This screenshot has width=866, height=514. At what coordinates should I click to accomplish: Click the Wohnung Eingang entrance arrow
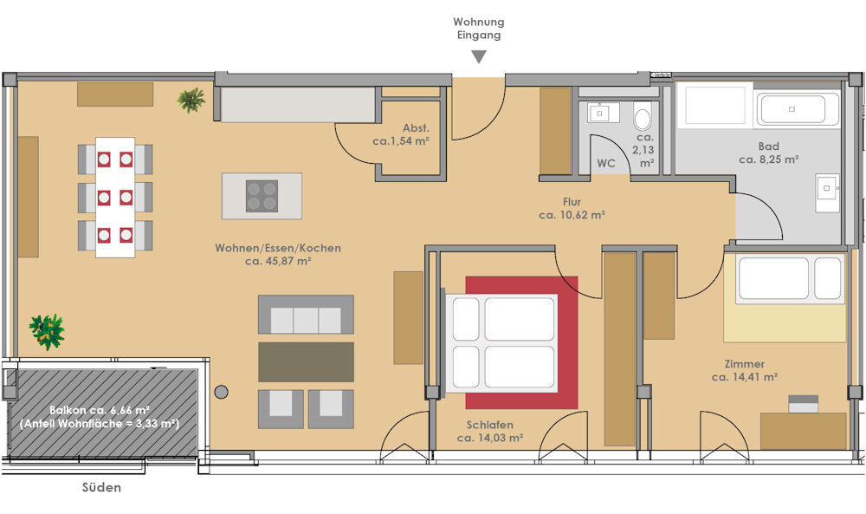pos(479,57)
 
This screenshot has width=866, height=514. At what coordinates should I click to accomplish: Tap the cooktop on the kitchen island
pos(262,196)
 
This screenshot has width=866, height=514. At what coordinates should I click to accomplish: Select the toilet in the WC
pos(643,116)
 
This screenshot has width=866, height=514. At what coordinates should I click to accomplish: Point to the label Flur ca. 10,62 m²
pos(572,208)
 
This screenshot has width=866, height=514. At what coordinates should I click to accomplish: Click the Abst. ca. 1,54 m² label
pos(401,134)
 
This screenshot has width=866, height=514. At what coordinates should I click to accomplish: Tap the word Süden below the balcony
pos(101,487)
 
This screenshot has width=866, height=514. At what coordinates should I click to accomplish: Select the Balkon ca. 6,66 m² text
pos(100,410)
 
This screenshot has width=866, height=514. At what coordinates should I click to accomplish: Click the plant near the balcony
pos(47,332)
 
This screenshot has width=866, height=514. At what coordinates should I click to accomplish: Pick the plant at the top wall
pos(191,100)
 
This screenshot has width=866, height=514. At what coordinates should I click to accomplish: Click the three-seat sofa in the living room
pos(306,315)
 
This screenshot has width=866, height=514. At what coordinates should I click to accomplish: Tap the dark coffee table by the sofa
pos(306,362)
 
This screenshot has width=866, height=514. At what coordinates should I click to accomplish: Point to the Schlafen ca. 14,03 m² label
pos(490,431)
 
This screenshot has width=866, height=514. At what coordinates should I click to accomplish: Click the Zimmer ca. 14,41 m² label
pos(745,370)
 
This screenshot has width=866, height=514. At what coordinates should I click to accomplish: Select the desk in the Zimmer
pos(804,431)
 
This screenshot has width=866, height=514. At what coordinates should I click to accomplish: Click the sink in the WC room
pos(598,113)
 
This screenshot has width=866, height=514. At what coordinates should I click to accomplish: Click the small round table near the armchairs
pos(222,392)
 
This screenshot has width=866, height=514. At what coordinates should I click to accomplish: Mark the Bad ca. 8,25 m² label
pos(769,153)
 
